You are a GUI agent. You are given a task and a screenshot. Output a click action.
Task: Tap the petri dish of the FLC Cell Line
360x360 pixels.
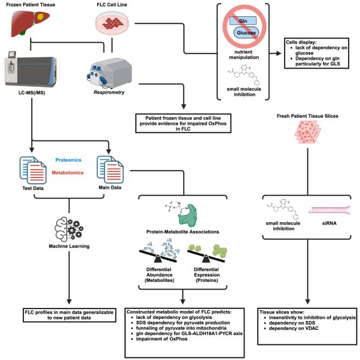click(x=113, y=23)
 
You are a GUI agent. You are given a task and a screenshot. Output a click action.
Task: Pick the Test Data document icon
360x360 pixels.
click(x=32, y=170)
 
